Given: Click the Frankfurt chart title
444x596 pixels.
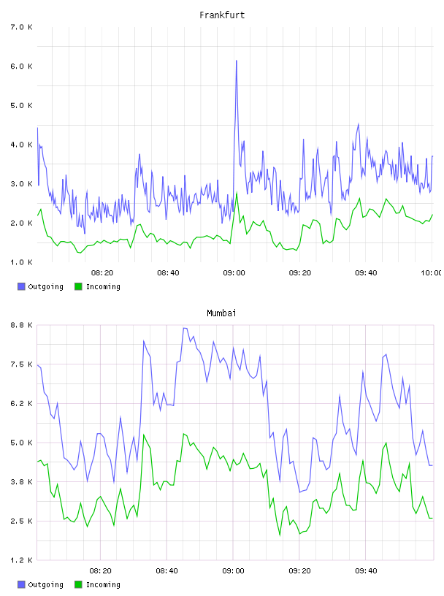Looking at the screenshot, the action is (222, 15).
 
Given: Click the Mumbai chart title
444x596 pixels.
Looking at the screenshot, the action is (221, 313).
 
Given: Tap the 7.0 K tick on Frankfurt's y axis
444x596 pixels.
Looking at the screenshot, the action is (22, 27).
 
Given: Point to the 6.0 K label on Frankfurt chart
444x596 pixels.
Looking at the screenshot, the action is (22, 66).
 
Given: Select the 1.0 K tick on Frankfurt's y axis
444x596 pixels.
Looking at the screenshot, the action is (22, 262).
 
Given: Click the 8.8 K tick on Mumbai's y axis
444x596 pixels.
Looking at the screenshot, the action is (22, 325).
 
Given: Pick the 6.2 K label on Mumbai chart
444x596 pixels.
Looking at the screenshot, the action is (22, 403).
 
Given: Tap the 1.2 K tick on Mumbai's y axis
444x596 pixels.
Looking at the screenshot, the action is (22, 560).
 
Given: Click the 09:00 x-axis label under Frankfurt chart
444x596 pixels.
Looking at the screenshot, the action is (234, 273).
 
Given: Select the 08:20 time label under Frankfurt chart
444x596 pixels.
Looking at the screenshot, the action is (102, 273).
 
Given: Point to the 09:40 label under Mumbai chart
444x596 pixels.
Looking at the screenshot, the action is (366, 571).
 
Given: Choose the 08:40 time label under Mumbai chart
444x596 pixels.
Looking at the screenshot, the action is (167, 571).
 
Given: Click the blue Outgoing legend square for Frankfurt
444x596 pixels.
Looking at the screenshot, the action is (21, 286).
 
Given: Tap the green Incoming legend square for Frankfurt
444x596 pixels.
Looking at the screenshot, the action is (78, 286).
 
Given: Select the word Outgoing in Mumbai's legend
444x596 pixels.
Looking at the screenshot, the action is (45, 584).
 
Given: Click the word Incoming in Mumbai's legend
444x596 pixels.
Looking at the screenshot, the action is (103, 584).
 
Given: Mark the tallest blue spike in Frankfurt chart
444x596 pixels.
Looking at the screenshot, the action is (237, 61).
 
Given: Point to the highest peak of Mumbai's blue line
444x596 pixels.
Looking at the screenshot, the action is (184, 328).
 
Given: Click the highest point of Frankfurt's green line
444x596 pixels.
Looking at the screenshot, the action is (237, 193).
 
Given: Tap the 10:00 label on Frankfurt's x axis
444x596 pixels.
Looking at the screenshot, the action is (432, 273).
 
